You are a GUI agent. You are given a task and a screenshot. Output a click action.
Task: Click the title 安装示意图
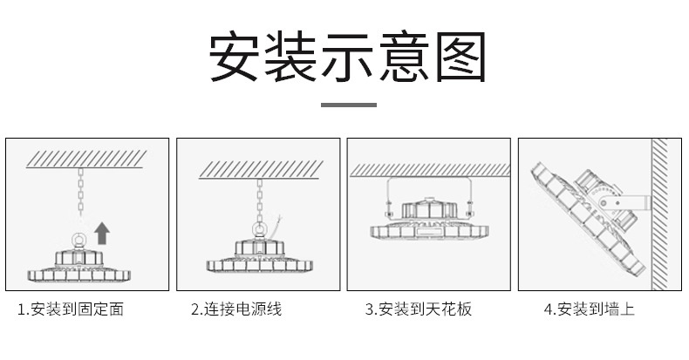click(345, 58)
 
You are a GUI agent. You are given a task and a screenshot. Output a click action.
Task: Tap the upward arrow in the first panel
click(103, 232)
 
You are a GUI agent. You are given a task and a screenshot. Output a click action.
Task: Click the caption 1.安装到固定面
click(71, 309)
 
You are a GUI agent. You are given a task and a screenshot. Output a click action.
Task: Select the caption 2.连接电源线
click(236, 309)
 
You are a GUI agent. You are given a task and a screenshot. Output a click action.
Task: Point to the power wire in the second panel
click(276, 228)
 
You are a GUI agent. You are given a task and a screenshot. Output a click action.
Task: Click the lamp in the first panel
click(77, 263)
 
